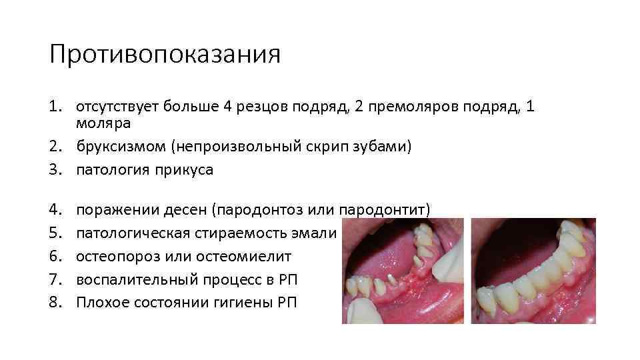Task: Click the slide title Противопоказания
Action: click(x=165, y=55)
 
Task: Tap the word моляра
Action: click(x=103, y=123)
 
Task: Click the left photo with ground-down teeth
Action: click(x=403, y=271)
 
